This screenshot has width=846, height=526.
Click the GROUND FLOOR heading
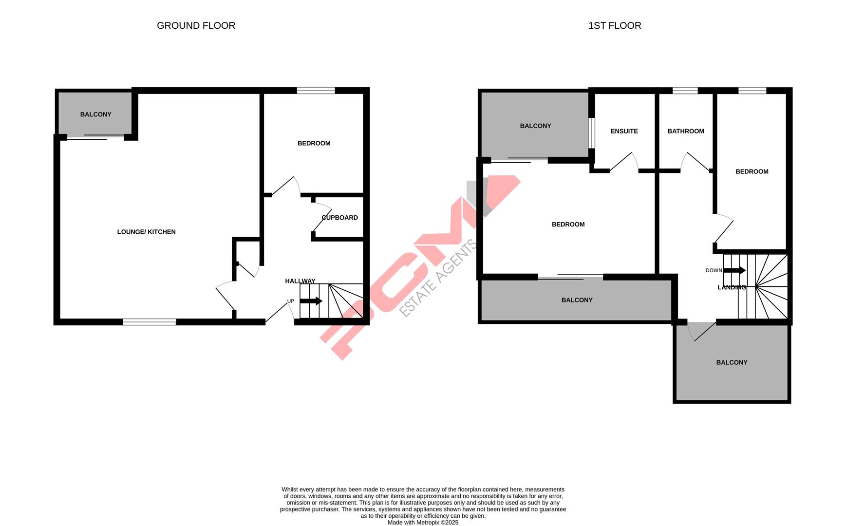[196, 26]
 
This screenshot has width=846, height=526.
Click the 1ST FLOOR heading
[614, 26]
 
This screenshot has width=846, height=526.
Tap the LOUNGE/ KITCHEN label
[146, 232]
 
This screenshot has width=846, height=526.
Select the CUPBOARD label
[339, 218]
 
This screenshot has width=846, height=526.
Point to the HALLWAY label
[300, 281]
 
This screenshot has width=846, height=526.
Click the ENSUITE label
[624, 131]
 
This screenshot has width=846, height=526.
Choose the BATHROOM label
[685, 131]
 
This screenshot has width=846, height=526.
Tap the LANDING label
[732, 287]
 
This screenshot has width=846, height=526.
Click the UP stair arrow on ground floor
[311, 301]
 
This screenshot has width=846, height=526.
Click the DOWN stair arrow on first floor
[734, 270]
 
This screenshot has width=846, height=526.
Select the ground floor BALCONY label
[95, 114]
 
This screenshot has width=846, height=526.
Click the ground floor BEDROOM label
[314, 143]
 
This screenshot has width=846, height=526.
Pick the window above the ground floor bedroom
[316, 90]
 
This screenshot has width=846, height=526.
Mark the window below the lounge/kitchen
[149, 321]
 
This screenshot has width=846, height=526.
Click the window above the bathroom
[685, 90]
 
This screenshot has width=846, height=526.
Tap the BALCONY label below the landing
[732, 362]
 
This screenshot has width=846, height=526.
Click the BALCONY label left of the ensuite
[535, 126]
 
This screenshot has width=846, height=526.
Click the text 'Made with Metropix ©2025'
[423, 523]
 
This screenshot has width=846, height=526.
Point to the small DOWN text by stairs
[714, 270]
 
